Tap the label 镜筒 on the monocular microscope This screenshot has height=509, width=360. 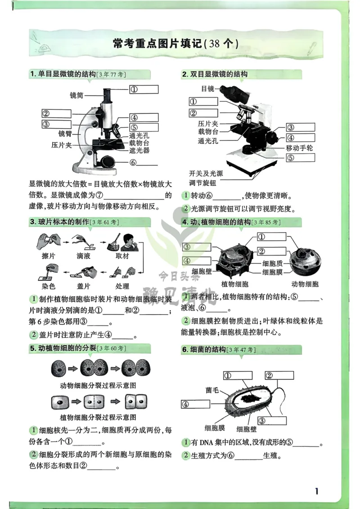76,95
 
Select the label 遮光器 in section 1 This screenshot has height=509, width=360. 139,151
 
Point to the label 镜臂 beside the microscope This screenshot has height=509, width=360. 65,134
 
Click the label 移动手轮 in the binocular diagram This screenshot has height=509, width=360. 299,148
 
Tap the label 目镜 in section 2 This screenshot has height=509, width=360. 208,89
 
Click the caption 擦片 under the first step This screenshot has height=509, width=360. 49,256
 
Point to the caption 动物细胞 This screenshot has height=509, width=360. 305,284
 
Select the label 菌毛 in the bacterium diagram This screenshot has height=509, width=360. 212,390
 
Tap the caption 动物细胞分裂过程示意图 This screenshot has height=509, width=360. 98,385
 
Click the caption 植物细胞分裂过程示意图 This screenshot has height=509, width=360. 98,417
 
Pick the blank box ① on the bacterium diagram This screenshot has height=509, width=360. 239,375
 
